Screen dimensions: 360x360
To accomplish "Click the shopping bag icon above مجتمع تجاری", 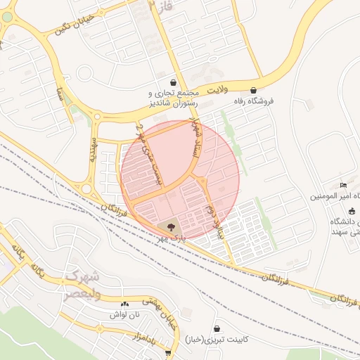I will [x=174, y=82].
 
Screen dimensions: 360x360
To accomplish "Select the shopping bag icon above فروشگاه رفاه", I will [x=253, y=90].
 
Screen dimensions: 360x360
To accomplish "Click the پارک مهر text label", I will [x=172, y=238].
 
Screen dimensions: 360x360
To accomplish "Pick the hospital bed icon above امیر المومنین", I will [x=343, y=185].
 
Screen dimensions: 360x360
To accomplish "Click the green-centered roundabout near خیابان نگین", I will [x=7, y=17].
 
